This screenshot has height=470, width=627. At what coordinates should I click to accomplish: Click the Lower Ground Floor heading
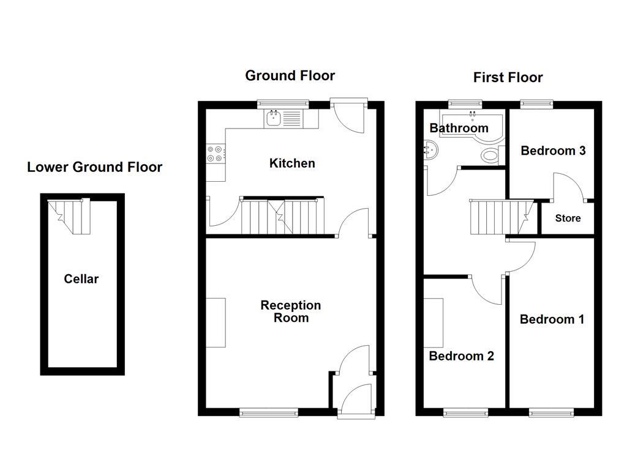pyautogui.click(x=94, y=167)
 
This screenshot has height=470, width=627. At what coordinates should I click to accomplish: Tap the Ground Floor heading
pyautogui.click(x=290, y=76)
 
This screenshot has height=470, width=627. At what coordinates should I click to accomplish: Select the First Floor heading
pyautogui.click(x=508, y=78)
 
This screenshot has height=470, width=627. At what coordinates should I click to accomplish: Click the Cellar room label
pyautogui.click(x=81, y=279)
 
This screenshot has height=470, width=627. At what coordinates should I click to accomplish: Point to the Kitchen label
pyautogui.click(x=292, y=163)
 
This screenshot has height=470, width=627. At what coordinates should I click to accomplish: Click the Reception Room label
pyautogui.click(x=291, y=311)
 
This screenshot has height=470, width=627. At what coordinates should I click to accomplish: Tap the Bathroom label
pyautogui.click(x=459, y=128)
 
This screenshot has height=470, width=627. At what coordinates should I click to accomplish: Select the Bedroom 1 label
pyautogui.click(x=551, y=319)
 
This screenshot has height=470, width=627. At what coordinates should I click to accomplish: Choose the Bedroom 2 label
pyautogui.click(x=461, y=356)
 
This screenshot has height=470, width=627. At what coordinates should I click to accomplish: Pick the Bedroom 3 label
pyautogui.click(x=553, y=151)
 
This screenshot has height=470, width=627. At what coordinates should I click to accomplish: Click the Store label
pyautogui.click(x=568, y=218)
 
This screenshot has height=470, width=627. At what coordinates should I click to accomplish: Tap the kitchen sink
pyautogui.click(x=274, y=119)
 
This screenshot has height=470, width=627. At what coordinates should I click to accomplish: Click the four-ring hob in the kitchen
pyautogui.click(x=216, y=153)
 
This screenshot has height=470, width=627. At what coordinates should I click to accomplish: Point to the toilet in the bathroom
pyautogui.click(x=491, y=155)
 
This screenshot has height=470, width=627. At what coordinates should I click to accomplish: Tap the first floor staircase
pyautogui.click(x=500, y=218)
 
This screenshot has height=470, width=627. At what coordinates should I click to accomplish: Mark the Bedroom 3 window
pyautogui.click(x=537, y=103)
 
